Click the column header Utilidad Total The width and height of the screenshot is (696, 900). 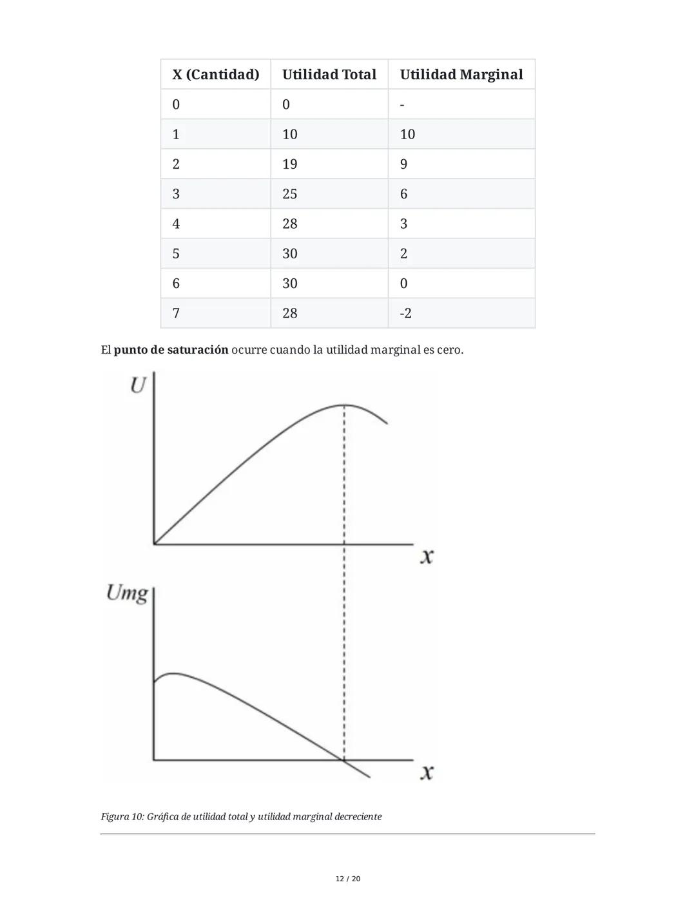[x=329, y=75]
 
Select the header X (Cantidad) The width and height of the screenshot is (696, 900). [x=215, y=75]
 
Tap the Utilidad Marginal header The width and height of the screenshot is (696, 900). [x=461, y=75]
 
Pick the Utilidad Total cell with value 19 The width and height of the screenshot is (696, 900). [x=290, y=164]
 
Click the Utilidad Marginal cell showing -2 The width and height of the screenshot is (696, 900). [x=405, y=314]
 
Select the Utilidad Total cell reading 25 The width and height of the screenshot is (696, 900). [x=290, y=194]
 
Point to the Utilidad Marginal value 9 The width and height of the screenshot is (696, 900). [x=404, y=164]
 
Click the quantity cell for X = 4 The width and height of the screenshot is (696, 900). [x=176, y=224]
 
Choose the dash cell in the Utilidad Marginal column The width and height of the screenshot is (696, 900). [x=402, y=105]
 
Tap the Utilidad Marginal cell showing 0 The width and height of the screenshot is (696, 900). [x=404, y=283]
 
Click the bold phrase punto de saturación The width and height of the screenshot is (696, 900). [x=171, y=350]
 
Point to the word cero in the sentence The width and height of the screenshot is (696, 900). [x=449, y=350]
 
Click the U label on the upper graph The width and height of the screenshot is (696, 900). [x=137, y=385]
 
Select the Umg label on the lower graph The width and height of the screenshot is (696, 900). [x=127, y=592]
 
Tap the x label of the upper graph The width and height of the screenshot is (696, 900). [x=426, y=555]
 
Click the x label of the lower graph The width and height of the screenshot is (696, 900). [x=426, y=771]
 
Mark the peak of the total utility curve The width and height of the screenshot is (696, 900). [x=344, y=405]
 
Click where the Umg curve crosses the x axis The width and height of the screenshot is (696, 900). [x=342, y=760]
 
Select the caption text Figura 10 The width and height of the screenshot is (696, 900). [x=122, y=817]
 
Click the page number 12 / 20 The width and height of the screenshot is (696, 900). [x=348, y=879]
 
